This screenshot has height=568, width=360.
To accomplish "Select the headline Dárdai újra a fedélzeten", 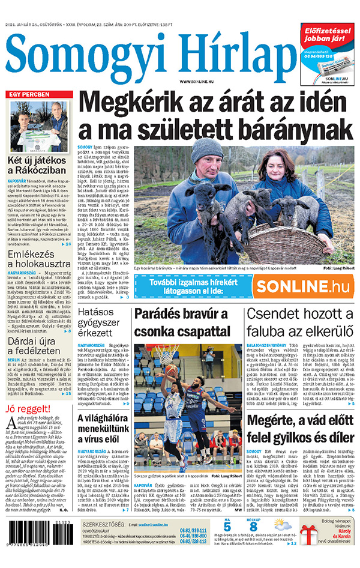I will point(39,346).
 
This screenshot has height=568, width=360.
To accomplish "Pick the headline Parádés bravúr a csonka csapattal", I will point(182,322).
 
